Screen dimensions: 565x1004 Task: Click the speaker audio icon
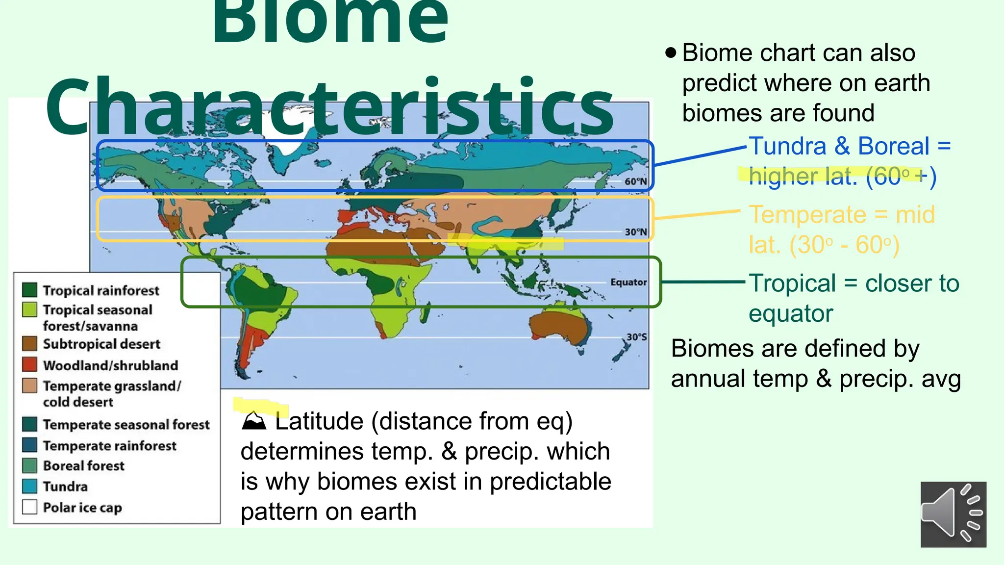(x=953, y=514)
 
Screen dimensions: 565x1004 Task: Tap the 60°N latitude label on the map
(x=636, y=181)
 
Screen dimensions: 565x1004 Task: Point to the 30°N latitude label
(x=636, y=232)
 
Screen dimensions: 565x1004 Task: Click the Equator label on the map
(x=628, y=282)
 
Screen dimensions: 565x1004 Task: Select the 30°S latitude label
(x=637, y=337)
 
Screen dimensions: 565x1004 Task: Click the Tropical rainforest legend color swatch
(x=29, y=290)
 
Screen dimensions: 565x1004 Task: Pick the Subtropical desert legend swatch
(x=29, y=343)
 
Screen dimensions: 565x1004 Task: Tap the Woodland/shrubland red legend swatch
(x=29, y=364)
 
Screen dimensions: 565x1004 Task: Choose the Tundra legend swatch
(x=29, y=486)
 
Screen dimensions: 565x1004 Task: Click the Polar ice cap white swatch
(x=29, y=507)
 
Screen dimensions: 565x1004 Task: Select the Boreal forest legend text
(x=84, y=465)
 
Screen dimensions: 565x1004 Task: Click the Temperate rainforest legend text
(x=110, y=445)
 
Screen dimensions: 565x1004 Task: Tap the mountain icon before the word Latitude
(x=254, y=421)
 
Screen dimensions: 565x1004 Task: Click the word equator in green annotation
(x=791, y=313)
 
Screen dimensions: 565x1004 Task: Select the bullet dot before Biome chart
(x=671, y=52)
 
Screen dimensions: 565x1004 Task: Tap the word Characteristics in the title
(x=329, y=107)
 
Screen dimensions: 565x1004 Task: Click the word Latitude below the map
(x=319, y=421)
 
